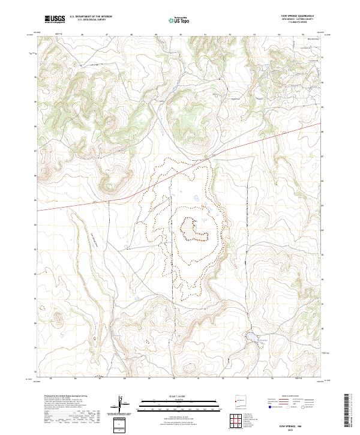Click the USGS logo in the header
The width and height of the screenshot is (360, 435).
coord(54,19)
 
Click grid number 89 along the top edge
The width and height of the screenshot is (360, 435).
coord(156,34)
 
